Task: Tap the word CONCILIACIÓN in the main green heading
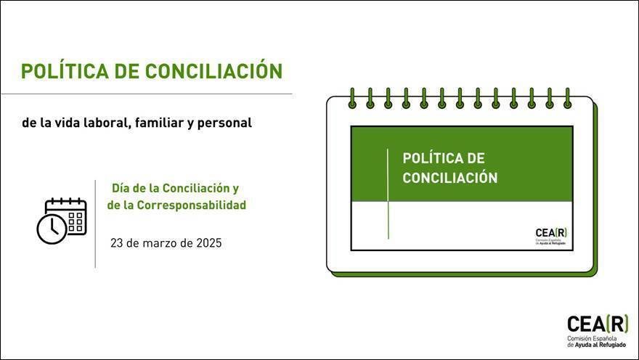pyautogui.click(x=214, y=70)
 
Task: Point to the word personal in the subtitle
pyautogui.click(x=224, y=123)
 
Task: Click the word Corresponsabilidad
pyautogui.click(x=192, y=205)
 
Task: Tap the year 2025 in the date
pyautogui.click(x=209, y=243)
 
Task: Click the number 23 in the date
pyautogui.click(x=117, y=243)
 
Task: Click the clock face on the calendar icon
pyautogui.click(x=52, y=229)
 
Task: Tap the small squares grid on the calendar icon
pyautogui.click(x=76, y=221)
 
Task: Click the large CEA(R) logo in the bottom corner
pyautogui.click(x=598, y=324)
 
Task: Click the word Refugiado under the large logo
pyautogui.click(x=611, y=345)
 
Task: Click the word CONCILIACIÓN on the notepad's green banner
pyautogui.click(x=450, y=178)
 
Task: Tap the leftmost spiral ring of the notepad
pyautogui.click(x=352, y=98)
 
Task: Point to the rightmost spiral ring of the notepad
pyautogui.click(x=567, y=98)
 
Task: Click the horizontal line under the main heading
pyautogui.click(x=147, y=94)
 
